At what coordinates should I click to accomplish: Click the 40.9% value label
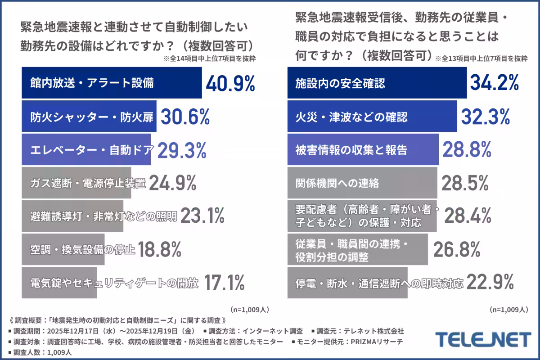(230, 84)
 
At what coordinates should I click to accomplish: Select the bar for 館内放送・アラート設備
(112, 83)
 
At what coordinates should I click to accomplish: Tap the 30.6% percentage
(185, 117)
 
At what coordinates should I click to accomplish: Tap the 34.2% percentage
(495, 83)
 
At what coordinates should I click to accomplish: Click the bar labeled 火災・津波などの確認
(372, 117)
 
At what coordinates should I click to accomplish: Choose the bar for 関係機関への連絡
(362, 183)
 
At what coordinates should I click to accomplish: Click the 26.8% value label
(456, 249)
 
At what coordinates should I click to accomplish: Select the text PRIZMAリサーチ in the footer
(378, 342)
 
